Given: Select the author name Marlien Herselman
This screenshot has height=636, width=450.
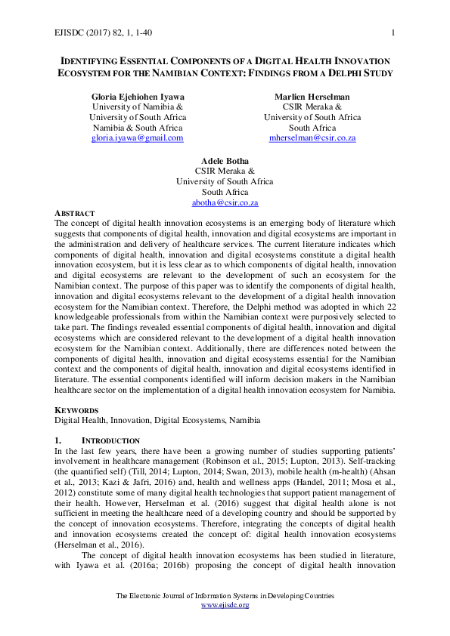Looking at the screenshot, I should coord(312,97).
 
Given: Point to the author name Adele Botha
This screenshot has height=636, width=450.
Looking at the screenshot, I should coord(225,162).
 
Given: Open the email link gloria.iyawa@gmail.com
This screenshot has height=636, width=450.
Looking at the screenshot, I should coord(137,138).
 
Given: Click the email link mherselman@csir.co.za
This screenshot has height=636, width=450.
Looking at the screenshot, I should coord(312,138).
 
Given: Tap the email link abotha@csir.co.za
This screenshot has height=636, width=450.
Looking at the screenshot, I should coord(225,203).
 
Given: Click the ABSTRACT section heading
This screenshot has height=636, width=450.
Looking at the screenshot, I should coord(74,214).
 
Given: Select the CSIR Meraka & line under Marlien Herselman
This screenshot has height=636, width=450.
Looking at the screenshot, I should coord(312,108).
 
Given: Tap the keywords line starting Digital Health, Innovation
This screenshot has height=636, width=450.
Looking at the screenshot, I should coord(157,420).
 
